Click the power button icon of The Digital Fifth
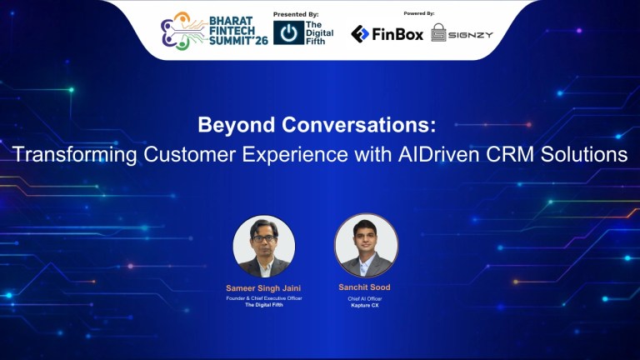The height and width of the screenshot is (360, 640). point(288,32)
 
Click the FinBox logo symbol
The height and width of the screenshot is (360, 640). point(361,34)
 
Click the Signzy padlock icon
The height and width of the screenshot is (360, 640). point(439,33)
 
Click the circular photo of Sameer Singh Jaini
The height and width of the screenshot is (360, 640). point(264,246)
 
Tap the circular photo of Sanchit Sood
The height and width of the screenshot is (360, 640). point(366,245)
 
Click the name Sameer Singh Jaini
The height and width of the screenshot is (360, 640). point(264,288)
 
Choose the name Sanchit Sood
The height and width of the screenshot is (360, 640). point(366,287)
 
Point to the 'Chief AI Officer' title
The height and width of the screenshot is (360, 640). point(366,297)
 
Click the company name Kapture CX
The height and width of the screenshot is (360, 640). point(366,306)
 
